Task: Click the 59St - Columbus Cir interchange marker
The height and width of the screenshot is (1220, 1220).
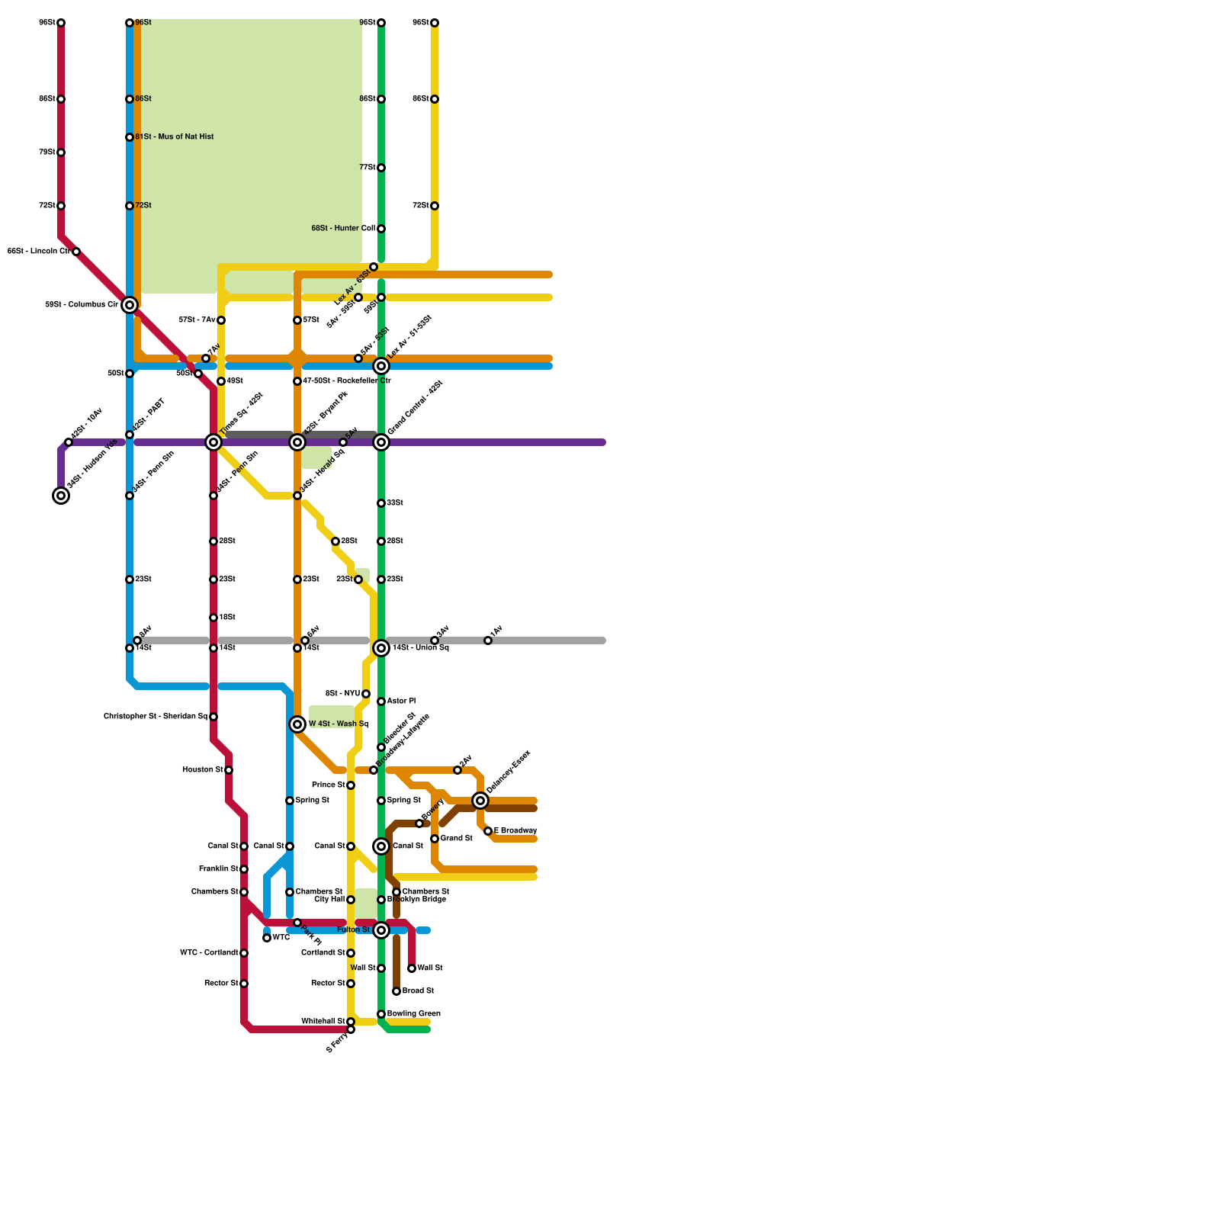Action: (130, 305)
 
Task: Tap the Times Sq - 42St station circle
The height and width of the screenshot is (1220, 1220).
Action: (213, 442)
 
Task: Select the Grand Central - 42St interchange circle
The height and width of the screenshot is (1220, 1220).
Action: (381, 442)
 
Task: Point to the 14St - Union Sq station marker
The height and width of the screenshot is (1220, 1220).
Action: (381, 648)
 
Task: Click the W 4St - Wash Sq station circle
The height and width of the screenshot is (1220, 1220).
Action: (297, 724)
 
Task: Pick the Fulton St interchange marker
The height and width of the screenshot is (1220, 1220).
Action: (381, 930)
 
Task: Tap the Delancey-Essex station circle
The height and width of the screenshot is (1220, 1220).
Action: (480, 801)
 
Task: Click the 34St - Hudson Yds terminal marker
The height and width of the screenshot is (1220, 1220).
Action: (61, 496)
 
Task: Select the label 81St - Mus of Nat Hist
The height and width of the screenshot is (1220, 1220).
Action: (175, 137)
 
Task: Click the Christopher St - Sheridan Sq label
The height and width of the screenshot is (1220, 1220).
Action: (156, 717)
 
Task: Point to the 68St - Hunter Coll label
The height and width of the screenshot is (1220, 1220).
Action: (343, 229)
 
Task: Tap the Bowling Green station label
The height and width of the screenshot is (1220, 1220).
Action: (413, 1014)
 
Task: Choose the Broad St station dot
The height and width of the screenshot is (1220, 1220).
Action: (396, 991)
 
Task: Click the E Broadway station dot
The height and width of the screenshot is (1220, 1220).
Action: (488, 831)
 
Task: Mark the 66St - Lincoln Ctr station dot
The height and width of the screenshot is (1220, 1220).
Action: (76, 252)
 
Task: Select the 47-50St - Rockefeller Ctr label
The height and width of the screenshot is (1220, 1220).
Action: (347, 381)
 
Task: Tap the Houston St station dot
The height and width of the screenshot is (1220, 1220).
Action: (229, 770)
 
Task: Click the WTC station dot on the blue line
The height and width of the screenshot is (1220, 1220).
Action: (267, 938)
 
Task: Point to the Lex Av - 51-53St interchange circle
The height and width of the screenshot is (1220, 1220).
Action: (381, 366)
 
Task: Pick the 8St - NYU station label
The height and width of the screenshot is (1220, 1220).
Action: (342, 694)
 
